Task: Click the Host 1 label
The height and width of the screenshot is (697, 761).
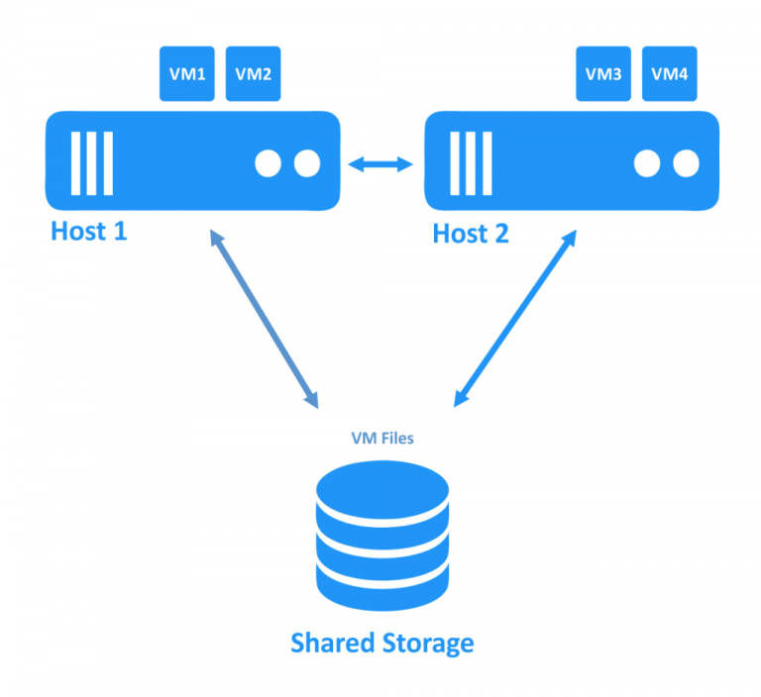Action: click(89, 232)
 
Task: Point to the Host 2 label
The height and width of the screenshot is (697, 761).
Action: click(471, 234)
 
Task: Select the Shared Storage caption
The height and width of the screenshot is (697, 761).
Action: click(381, 643)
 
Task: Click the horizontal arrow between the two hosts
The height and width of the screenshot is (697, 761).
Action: click(381, 162)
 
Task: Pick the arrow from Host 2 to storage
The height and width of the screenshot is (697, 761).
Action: click(514, 318)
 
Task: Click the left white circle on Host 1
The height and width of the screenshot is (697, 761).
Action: click(269, 162)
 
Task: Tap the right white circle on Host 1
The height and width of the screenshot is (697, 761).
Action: click(306, 162)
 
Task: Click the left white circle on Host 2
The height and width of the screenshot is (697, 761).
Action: click(647, 162)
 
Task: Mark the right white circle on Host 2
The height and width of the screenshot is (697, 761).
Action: click(685, 162)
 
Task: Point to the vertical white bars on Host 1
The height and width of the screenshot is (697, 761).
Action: click(91, 162)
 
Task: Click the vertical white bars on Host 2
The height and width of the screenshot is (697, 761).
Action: click(471, 162)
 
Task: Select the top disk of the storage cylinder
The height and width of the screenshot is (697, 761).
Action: click(381, 485)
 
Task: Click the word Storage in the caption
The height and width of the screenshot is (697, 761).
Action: click(425, 643)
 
